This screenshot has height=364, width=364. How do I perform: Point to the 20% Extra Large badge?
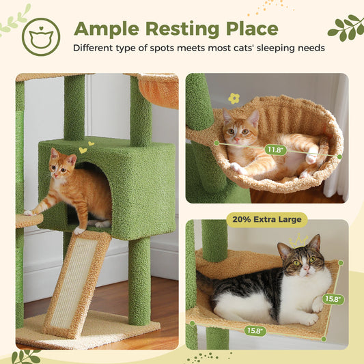(266, 219)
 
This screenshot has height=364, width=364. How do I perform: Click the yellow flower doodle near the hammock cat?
(234, 98)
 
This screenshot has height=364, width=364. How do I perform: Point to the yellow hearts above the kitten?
(83, 148)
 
